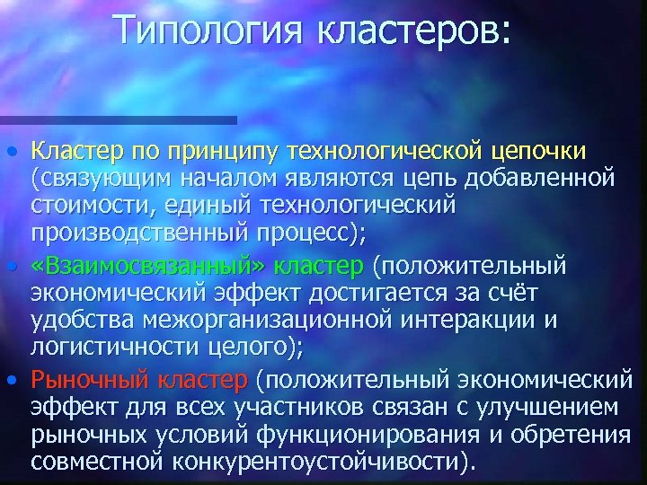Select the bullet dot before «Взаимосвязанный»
pos(11,267)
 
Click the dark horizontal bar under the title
pos(117,119)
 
